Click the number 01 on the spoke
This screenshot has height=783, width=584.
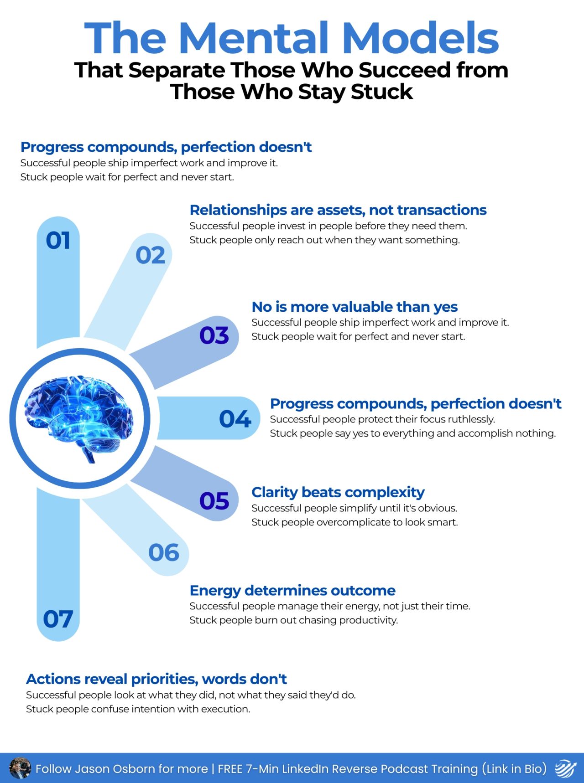[x=58, y=241]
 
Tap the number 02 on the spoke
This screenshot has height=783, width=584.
[x=150, y=255]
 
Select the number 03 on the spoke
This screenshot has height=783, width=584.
[x=214, y=335]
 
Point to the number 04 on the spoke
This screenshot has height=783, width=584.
[x=235, y=419]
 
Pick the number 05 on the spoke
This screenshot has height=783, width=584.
[x=214, y=501]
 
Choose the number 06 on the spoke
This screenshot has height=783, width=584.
[x=164, y=552]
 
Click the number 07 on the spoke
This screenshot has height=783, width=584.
[x=58, y=619]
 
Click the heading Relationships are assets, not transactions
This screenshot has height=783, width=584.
[x=338, y=210]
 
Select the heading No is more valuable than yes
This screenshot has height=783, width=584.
[x=355, y=307]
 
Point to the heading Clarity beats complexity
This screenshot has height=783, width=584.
[x=338, y=492]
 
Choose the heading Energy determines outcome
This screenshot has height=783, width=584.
[x=292, y=591]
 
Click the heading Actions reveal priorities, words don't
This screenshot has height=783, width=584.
[x=156, y=679]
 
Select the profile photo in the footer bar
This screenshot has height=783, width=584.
[x=20, y=768]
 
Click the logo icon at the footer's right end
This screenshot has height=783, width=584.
[x=566, y=768]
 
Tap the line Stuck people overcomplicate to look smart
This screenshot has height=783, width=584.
[x=355, y=522]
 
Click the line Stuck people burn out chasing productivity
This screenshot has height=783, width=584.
[x=294, y=620]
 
